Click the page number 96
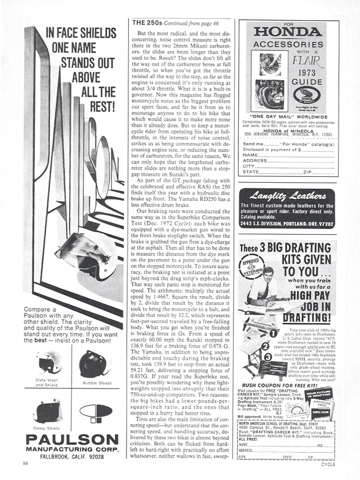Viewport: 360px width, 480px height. [26, 464]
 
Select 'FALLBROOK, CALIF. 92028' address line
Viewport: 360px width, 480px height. [72, 456]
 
